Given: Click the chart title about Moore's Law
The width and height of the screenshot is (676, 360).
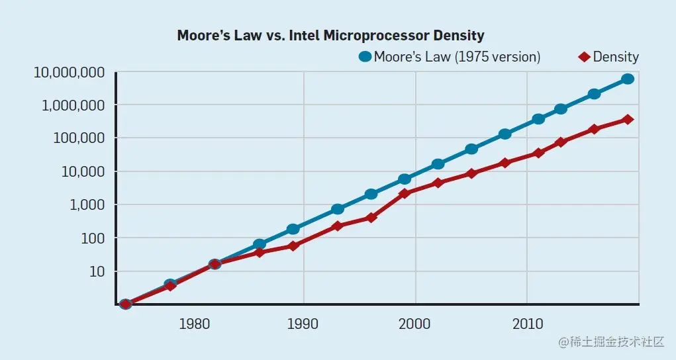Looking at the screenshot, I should tap(330, 36).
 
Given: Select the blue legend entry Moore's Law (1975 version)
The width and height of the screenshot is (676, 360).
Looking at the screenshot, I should tap(450, 57).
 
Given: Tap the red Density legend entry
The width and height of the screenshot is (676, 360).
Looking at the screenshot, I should tap(608, 57).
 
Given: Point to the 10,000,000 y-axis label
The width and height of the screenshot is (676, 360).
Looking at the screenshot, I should tap(69, 73).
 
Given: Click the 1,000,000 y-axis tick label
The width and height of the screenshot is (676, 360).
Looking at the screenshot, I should tap(72, 106).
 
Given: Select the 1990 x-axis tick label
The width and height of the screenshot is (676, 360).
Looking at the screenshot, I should tap(303, 324).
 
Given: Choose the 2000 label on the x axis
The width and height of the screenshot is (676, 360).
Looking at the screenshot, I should tap(415, 324).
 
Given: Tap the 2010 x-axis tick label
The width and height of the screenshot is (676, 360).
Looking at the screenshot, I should tap(527, 324).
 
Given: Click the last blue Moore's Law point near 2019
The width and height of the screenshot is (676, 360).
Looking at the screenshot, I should tap(628, 79).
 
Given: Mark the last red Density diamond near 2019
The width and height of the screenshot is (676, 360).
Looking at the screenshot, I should tap(628, 120).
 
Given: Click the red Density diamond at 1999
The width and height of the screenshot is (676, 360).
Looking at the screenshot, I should tap(405, 193).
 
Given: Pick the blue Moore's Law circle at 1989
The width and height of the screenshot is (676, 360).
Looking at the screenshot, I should tap(293, 229).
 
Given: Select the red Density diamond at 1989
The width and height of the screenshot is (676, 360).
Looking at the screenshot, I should tap(293, 246).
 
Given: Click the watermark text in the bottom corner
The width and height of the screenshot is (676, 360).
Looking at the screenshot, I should tap(610, 342).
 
